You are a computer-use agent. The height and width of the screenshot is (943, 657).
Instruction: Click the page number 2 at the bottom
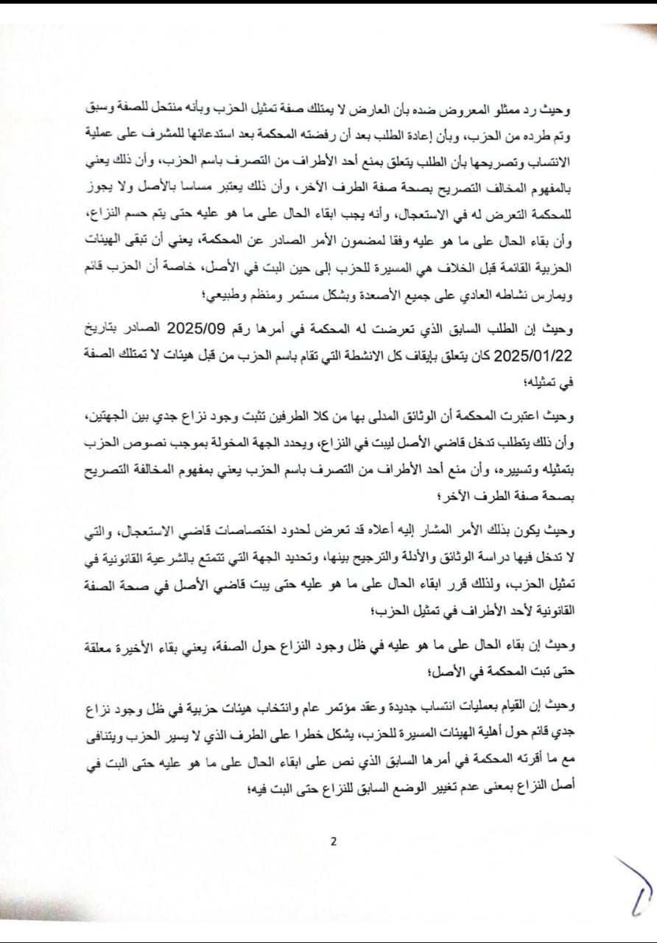(333, 843)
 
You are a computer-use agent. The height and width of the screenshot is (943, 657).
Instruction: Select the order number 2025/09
(204, 329)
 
